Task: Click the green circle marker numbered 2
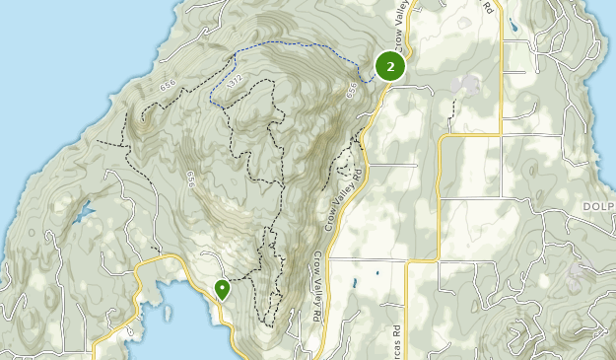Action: click(390, 66)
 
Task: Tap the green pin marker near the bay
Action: click(223, 288)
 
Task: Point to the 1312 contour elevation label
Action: click(234, 79)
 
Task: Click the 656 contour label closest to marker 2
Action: click(353, 91)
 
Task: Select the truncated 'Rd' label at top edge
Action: click(487, 8)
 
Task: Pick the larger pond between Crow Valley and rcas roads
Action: click(376, 272)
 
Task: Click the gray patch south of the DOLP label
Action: click(574, 281)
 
